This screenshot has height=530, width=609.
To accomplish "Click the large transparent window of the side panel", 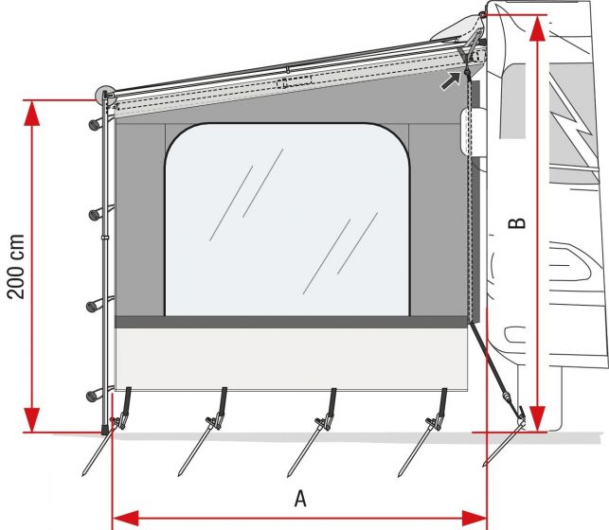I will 287,220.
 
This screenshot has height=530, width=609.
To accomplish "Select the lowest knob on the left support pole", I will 94,395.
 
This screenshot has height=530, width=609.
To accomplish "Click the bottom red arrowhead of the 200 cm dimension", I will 32,418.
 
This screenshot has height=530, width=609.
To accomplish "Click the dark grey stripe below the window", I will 290,323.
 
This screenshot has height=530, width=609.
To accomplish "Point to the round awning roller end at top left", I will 105,96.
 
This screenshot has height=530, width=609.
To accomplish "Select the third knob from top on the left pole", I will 94,305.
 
